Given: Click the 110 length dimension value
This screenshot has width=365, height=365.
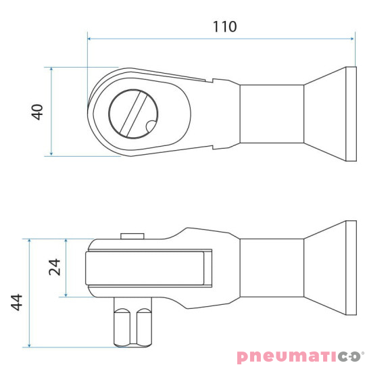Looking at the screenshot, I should click(x=224, y=26).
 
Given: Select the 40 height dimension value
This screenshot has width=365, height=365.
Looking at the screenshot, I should click(x=38, y=112).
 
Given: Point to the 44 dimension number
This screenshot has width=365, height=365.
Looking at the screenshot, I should click(x=18, y=301).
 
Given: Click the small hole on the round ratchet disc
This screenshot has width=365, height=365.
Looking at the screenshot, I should click(x=149, y=124).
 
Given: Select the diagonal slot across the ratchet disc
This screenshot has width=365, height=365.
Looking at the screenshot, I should click(x=132, y=112).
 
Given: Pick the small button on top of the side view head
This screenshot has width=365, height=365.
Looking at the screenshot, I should click(x=132, y=236).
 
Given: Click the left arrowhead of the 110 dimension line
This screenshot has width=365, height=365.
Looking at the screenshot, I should click(x=91, y=39).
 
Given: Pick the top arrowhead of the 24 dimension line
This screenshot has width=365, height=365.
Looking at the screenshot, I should click(x=66, y=242).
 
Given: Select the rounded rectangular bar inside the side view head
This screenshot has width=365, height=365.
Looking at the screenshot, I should click(x=148, y=267).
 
